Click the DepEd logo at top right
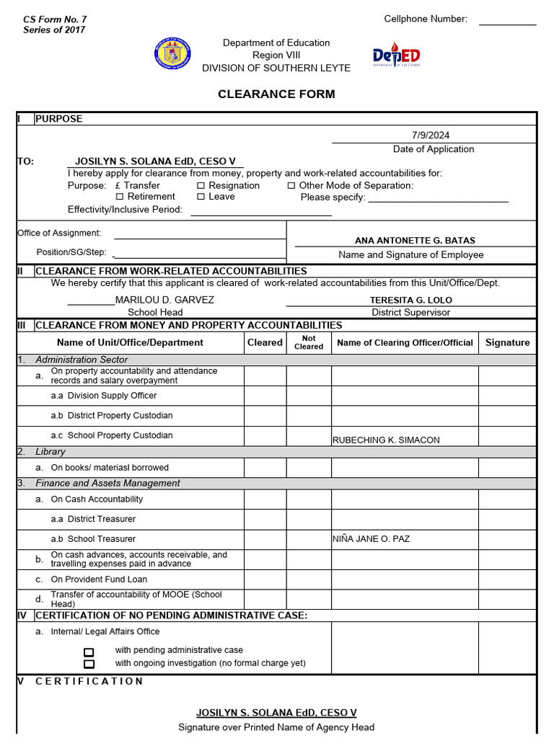tap(396, 56)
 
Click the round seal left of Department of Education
tap(172, 55)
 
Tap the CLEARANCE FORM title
tap(276, 94)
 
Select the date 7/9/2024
tap(430, 135)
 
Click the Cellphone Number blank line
tap(507, 24)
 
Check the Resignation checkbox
tap(201, 186)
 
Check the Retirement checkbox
tap(120, 197)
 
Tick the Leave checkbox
tap(201, 197)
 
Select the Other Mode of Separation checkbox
tap(291, 186)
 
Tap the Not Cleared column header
tap(309, 342)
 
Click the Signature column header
tap(507, 342)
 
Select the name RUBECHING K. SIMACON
tap(385, 440)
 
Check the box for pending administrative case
tap(89, 652)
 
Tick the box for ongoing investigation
tap(89, 664)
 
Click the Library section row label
tap(50, 452)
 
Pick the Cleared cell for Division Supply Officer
tap(265, 396)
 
